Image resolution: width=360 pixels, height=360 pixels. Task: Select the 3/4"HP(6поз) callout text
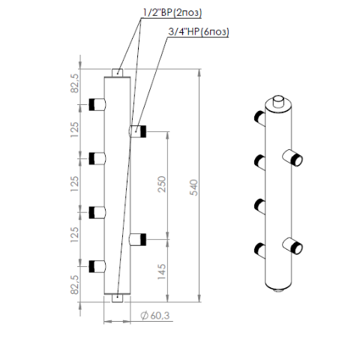click(199, 31)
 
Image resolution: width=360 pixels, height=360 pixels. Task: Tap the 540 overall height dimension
click(193, 187)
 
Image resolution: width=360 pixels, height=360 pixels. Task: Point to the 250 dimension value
click(162, 184)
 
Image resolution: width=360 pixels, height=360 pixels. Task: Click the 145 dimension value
click(162, 271)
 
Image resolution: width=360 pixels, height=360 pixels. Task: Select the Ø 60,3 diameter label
click(155, 316)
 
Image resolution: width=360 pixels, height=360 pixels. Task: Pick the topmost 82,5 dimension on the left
click(74, 83)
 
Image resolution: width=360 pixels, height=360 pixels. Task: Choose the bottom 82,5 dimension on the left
click(74, 285)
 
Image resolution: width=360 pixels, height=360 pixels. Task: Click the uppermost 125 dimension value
click(74, 130)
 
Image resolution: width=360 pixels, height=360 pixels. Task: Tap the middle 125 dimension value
click(74, 184)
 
